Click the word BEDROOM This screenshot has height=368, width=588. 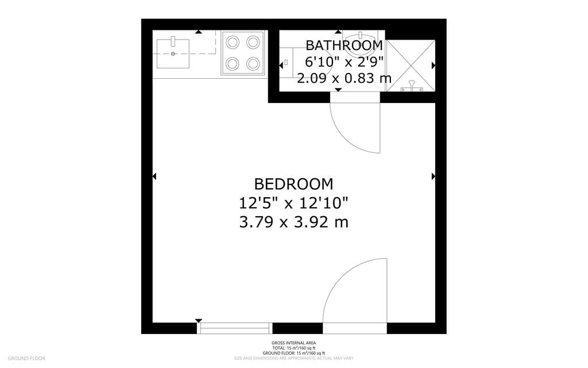click(293, 184)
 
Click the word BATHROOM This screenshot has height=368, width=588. click(344, 45)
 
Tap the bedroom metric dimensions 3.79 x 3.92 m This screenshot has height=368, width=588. click(293, 221)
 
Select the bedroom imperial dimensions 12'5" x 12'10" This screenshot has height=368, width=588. click(293, 202)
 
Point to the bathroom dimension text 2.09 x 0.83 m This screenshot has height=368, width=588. click(344, 78)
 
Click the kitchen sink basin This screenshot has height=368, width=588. click(173, 53)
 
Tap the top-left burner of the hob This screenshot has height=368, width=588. click(233, 42)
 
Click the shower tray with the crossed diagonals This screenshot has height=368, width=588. click(410, 65)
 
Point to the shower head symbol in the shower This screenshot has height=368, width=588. click(411, 87)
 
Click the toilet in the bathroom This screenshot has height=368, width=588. click(304, 65)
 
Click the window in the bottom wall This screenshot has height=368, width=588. click(234, 328)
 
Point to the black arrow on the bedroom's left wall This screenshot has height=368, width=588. click(154, 177)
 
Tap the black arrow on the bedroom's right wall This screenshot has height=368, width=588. click(433, 177)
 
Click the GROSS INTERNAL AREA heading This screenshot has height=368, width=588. click(293, 344)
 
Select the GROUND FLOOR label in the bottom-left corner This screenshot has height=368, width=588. click(26, 358)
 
